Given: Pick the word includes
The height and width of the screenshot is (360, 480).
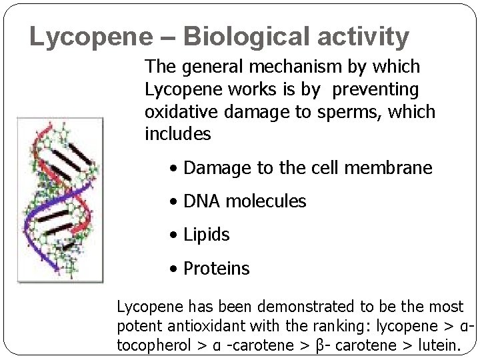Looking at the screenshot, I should coord(177,134).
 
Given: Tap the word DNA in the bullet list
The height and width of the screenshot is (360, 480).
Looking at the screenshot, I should coord(201,201).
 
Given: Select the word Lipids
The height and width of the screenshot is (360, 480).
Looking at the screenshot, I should coord(206,235).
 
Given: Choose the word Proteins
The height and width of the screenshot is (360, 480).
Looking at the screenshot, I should coord(216,269).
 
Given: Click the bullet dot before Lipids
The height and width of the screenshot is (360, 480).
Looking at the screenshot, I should coord(173,235).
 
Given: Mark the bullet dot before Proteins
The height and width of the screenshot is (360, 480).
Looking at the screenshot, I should coord(173,269).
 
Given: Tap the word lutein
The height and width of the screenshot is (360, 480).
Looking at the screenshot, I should coord(437,346).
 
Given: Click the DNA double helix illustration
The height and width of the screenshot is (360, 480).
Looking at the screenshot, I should coord(61,200).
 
